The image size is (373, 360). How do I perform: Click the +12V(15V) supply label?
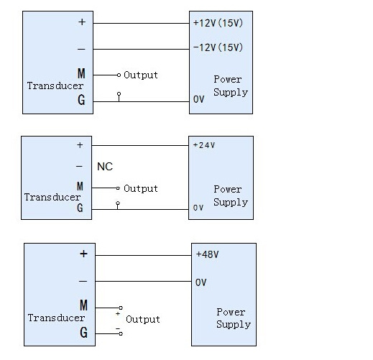(x=218, y=23)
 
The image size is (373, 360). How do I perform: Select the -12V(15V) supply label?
(x=218, y=47)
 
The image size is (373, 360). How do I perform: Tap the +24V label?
(x=204, y=145)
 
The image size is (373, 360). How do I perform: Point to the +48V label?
(x=208, y=254)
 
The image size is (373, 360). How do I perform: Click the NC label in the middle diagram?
(x=105, y=167)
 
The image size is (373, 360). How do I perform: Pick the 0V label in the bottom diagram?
(x=201, y=282)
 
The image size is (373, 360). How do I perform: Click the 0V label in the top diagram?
(x=199, y=99)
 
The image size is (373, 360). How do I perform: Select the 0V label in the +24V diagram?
(x=198, y=208)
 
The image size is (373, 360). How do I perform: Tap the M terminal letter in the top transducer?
(x=81, y=73)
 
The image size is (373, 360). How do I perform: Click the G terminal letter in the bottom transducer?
(x=83, y=333)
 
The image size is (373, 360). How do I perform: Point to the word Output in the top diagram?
(x=141, y=75)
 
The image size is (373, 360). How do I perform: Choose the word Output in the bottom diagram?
(x=143, y=319)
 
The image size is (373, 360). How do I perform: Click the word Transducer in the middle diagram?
(x=52, y=197)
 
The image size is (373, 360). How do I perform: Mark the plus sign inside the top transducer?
(x=82, y=22)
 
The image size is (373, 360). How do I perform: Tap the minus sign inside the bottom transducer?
(x=83, y=281)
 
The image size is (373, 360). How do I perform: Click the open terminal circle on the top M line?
(x=119, y=75)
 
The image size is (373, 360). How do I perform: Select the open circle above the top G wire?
(x=119, y=93)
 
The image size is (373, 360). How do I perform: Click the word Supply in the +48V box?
(x=234, y=325)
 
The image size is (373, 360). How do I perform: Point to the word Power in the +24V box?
(x=228, y=189)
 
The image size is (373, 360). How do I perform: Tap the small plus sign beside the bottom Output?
(x=118, y=313)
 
